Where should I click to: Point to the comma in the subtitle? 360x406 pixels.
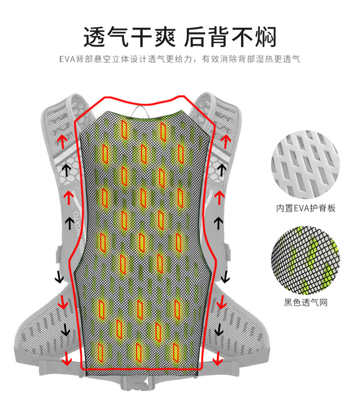coord(196,61)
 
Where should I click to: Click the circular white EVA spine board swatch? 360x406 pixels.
coord(305,162)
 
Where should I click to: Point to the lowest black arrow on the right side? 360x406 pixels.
coord(219,330)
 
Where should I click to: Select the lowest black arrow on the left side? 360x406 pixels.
coord(65,330)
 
